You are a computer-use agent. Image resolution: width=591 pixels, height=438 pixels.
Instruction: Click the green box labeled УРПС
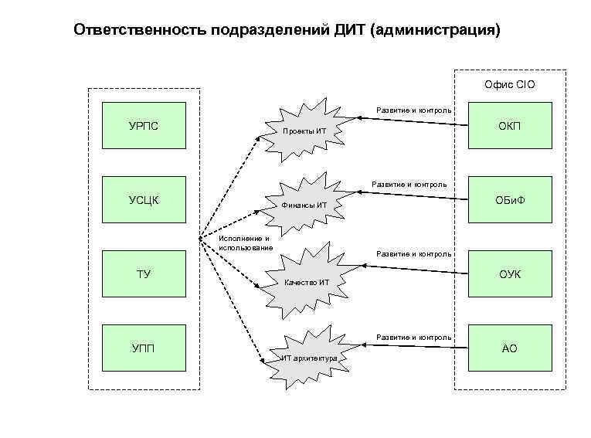(x=144, y=125)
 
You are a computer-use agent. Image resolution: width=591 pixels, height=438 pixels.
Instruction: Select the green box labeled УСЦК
(x=144, y=200)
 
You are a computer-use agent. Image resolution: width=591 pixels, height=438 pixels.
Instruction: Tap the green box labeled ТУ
(x=144, y=274)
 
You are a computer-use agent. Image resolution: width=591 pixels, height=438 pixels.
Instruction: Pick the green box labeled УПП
(x=144, y=348)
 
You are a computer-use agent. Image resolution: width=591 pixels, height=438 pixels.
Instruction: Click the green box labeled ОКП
(x=510, y=125)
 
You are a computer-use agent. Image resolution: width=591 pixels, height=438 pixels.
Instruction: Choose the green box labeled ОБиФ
(x=510, y=200)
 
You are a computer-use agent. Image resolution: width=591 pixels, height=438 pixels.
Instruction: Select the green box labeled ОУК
(x=510, y=274)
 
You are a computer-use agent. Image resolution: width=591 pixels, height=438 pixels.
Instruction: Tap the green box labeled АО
(x=510, y=348)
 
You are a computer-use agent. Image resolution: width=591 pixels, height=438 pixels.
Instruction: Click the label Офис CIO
(x=509, y=84)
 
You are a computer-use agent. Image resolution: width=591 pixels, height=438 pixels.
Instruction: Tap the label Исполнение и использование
(x=245, y=243)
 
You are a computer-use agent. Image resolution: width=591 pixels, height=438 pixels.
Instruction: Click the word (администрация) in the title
(x=436, y=30)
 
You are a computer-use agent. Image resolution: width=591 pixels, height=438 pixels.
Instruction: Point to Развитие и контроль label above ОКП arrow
(x=413, y=110)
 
